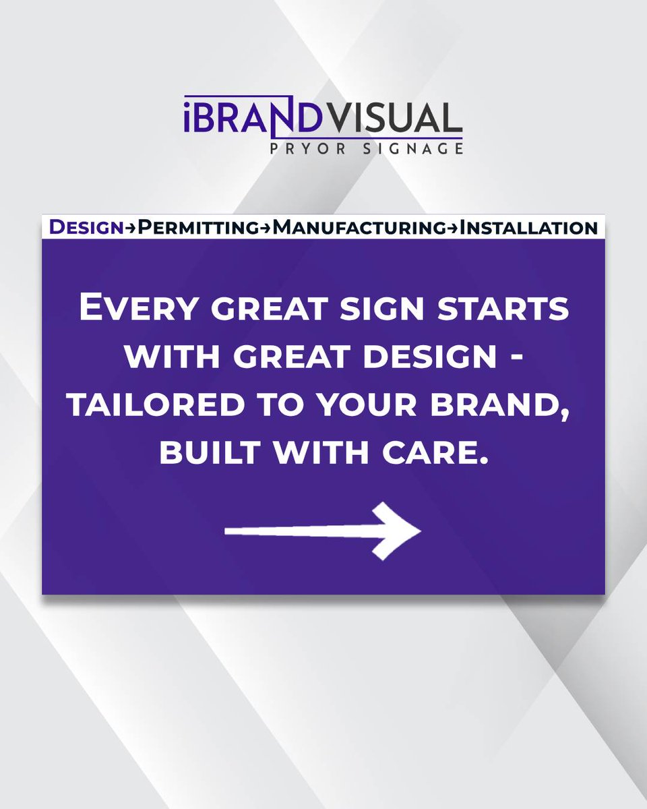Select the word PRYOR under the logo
315,148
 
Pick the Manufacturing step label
359,228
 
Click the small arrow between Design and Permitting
131,229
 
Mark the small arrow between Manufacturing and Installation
451,229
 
